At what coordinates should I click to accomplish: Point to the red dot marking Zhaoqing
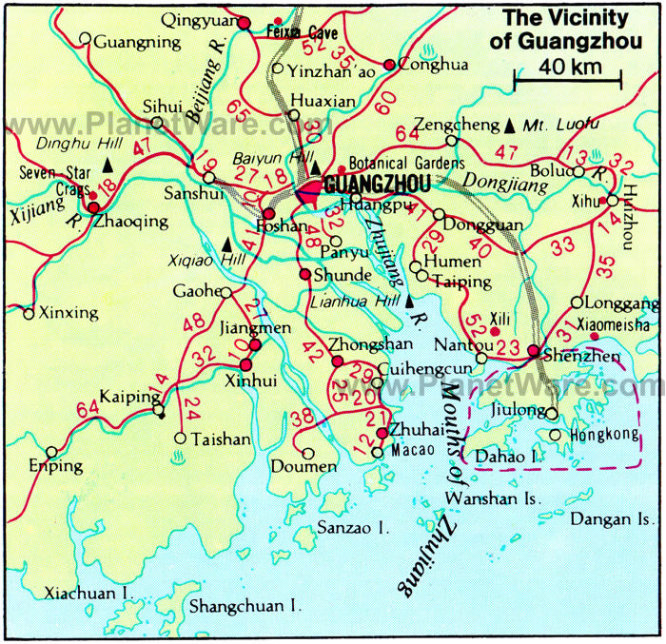93,206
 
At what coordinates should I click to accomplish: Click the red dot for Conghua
389,65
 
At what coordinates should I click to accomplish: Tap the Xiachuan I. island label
86,593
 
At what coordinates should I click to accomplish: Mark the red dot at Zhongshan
336,361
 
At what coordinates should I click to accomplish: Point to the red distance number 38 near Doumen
302,416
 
